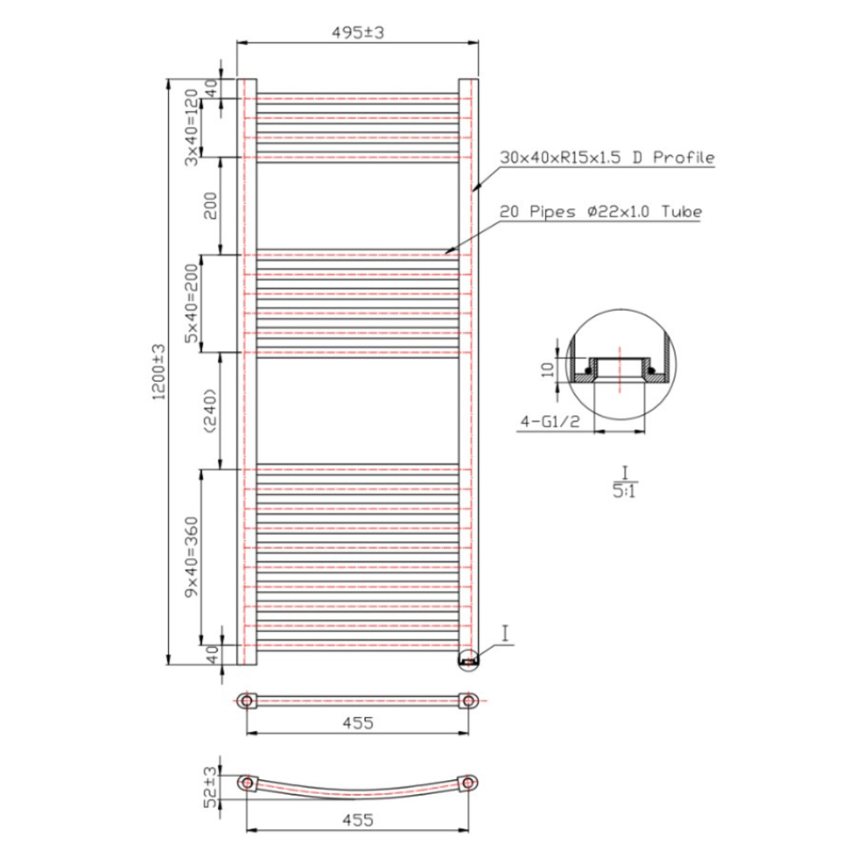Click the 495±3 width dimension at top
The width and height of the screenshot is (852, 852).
(x=357, y=33)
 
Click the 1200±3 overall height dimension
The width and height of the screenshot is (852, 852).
(x=159, y=372)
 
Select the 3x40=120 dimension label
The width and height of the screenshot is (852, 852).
(x=192, y=128)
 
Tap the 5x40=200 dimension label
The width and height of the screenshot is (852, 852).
(x=192, y=304)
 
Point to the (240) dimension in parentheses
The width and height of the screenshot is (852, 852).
(x=210, y=411)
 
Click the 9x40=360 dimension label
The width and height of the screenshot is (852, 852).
(x=192, y=556)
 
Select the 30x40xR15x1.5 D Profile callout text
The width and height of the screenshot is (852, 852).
(x=607, y=158)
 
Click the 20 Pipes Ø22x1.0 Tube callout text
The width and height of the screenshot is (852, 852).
(x=600, y=212)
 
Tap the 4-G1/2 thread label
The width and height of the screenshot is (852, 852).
(x=550, y=422)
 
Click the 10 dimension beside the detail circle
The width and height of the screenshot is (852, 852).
(x=547, y=368)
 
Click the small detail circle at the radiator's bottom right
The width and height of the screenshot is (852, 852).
(x=469, y=661)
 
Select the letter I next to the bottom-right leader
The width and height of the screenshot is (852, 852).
(x=505, y=633)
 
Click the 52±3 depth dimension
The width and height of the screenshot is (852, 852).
(x=211, y=787)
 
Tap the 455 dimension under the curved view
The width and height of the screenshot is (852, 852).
(x=358, y=820)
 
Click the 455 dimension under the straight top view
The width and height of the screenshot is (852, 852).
(x=358, y=723)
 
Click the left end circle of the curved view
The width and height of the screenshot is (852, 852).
(x=247, y=783)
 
